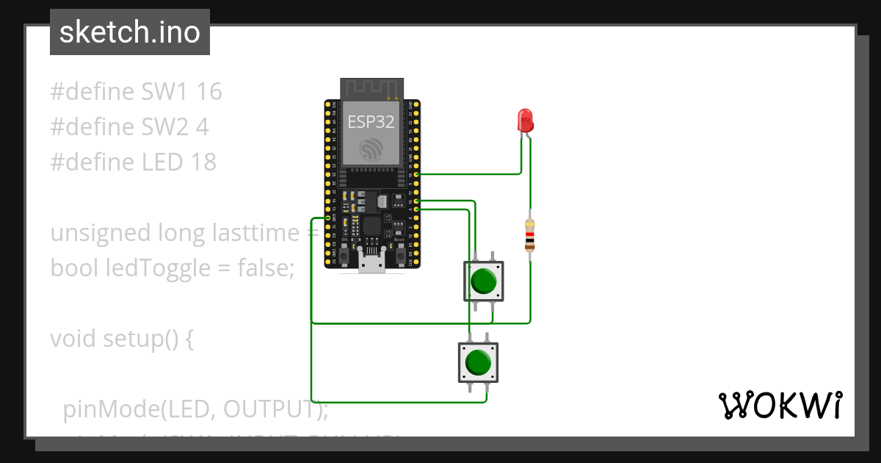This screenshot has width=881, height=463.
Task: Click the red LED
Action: tap(525, 120)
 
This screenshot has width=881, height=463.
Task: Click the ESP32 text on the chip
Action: tap(371, 122)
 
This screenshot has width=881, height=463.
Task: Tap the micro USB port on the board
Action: tap(371, 263)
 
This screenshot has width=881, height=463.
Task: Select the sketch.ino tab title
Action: tap(129, 32)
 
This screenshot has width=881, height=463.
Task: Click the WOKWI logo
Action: tap(780, 405)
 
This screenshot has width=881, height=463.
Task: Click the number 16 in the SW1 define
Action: tap(209, 92)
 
